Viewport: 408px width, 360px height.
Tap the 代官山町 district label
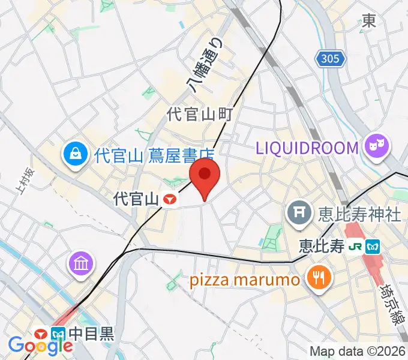[199, 114]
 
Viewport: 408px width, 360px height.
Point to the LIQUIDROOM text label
[308, 146]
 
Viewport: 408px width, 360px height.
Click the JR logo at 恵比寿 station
[356, 247]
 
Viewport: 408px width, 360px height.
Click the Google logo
[40, 345]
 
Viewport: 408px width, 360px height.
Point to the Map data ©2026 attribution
[358, 352]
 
